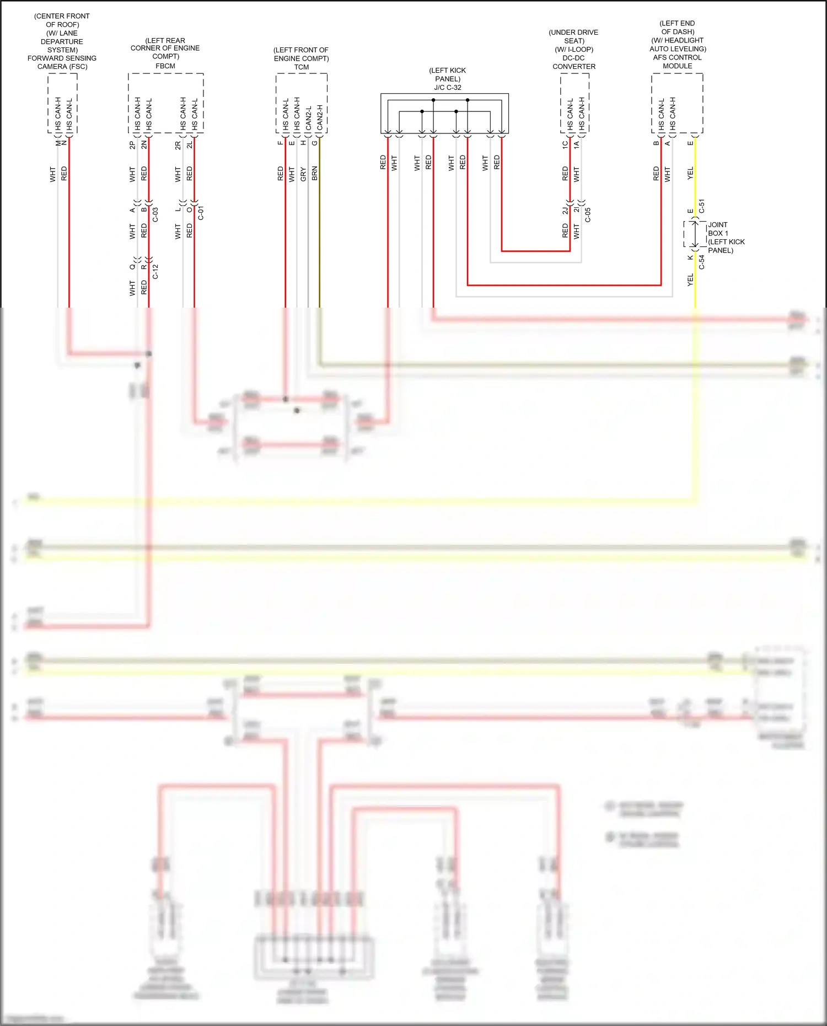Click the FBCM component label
click(165, 66)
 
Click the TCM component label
click(301, 67)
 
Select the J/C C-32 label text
click(447, 88)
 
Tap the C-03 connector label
click(155, 214)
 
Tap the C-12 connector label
click(155, 271)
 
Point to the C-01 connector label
click(201, 213)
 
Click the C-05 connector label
click(588, 215)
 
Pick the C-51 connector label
click(702, 206)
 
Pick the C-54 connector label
click(702, 262)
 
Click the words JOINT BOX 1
click(718, 229)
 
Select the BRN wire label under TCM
click(315, 173)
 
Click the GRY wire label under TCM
click(303, 174)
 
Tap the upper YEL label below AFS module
click(690, 173)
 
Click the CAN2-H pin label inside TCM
click(320, 117)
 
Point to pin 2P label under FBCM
click(132, 145)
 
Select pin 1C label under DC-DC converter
click(565, 144)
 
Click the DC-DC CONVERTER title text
click(574, 62)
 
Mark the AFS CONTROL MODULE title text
click(677, 61)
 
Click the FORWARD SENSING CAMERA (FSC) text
click(62, 62)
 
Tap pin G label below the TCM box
click(315, 143)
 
